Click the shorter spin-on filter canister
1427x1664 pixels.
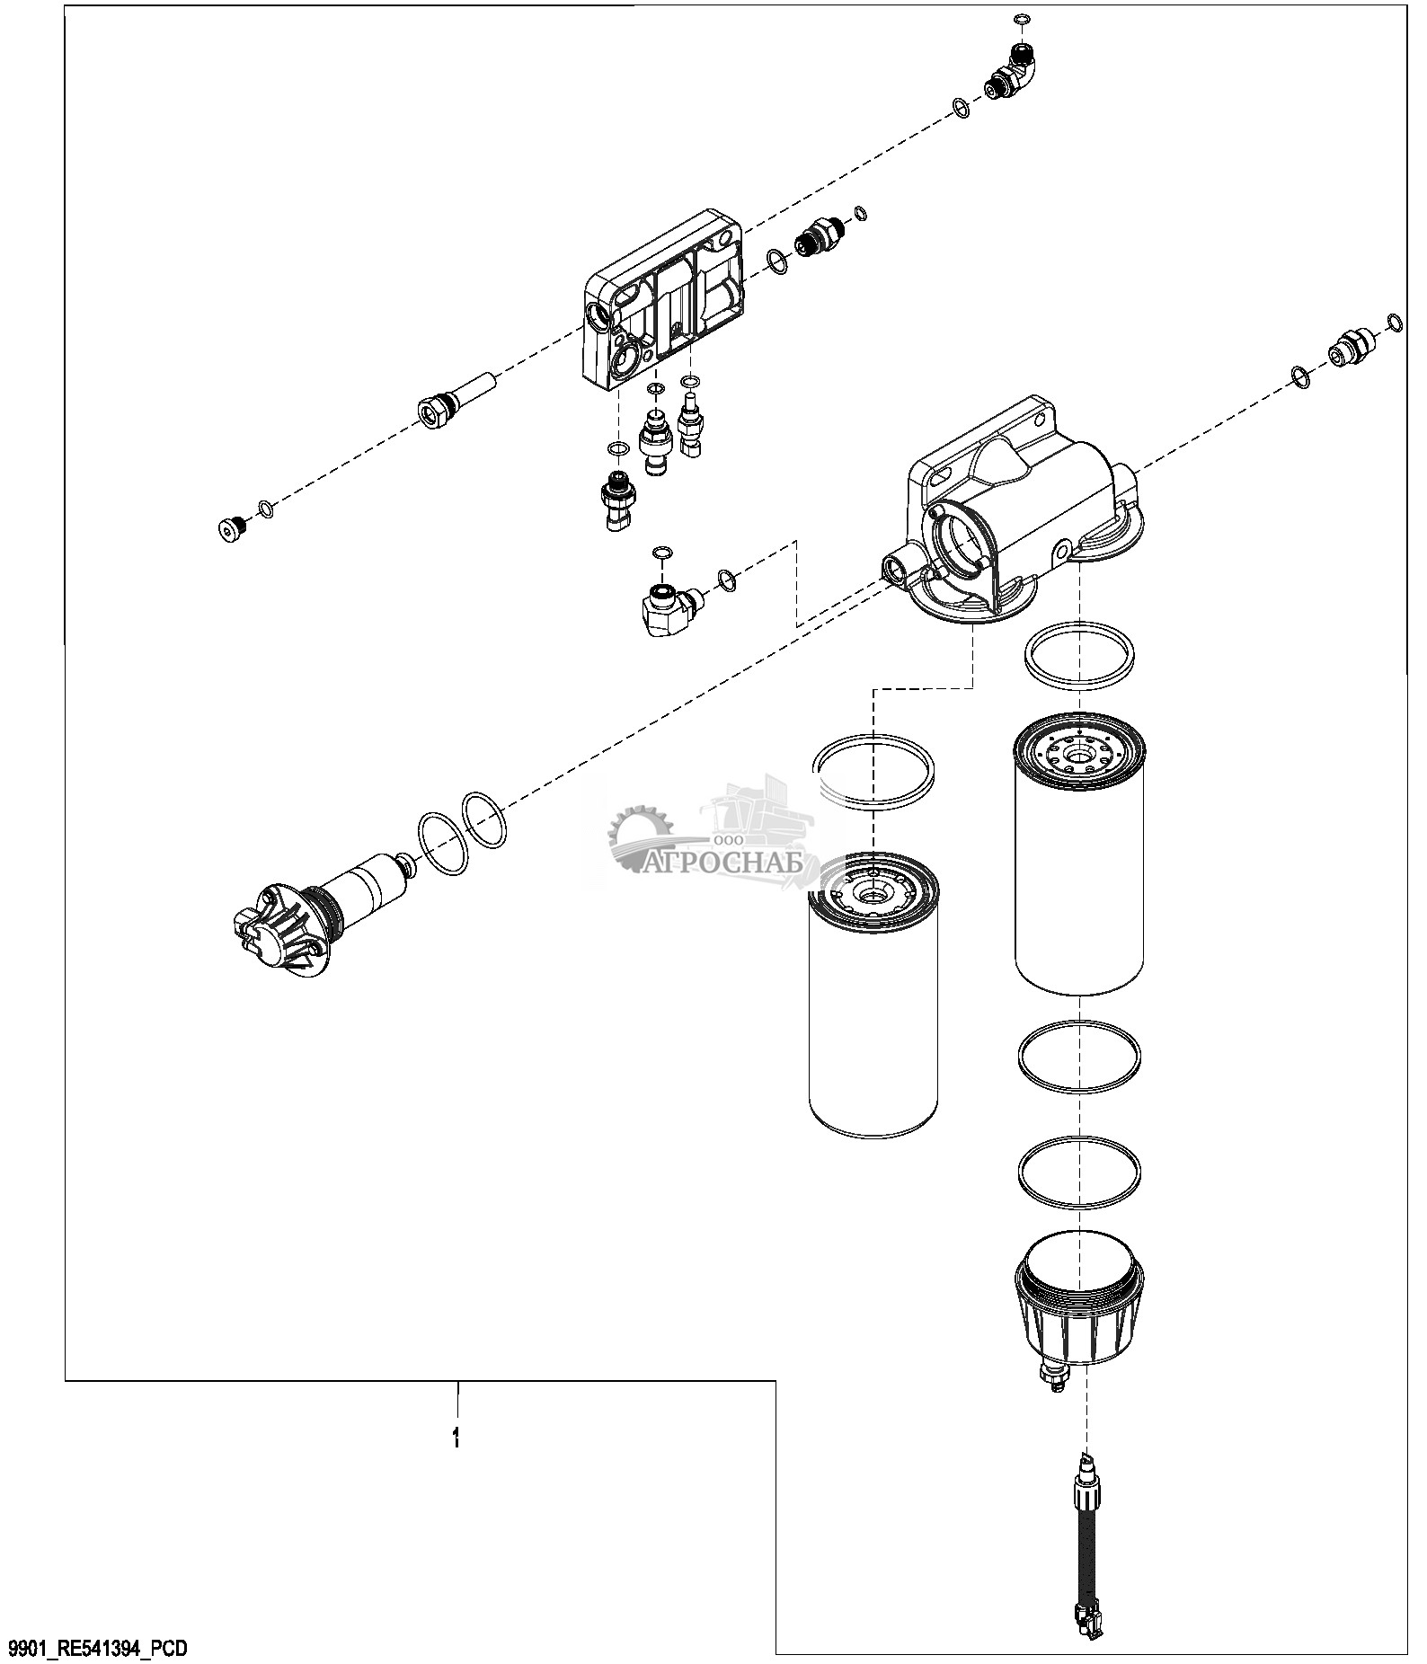(x=873, y=999)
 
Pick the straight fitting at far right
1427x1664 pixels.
(x=1351, y=343)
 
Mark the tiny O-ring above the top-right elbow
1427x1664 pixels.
(x=1022, y=19)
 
